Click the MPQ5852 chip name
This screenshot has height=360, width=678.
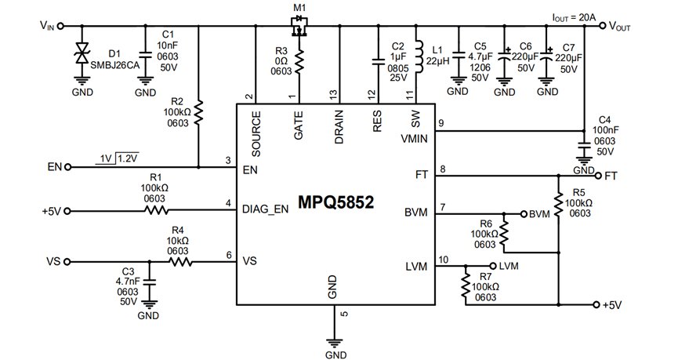pyautogui.click(x=335, y=202)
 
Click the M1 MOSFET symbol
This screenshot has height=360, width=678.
pyautogui.click(x=299, y=26)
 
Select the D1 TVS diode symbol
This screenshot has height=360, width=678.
pyautogui.click(x=82, y=53)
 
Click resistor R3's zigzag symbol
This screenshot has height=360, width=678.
pyautogui.click(x=299, y=60)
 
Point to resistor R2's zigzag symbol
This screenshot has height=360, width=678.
pyautogui.click(x=198, y=112)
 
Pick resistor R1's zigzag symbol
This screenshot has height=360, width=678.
pyautogui.click(x=156, y=211)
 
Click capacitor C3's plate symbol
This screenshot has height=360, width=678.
pyautogui.click(x=149, y=282)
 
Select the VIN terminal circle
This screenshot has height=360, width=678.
pyautogui.click(x=60, y=26)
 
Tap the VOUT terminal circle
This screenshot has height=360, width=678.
pyautogui.click(x=602, y=26)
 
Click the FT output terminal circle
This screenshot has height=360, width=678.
pyautogui.click(x=598, y=176)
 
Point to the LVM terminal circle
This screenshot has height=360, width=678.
pyautogui.click(x=492, y=266)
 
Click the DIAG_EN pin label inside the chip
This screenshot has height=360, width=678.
pyautogui.click(x=265, y=209)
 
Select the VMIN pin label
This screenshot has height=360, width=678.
pyautogui.click(x=414, y=139)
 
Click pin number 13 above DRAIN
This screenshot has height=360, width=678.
pyautogui.click(x=333, y=95)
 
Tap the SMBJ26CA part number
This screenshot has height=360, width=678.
pyautogui.click(x=114, y=65)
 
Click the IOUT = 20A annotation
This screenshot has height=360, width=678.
pyautogui.click(x=574, y=17)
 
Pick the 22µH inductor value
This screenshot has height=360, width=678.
pyautogui.click(x=437, y=61)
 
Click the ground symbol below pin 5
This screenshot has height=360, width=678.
pyautogui.click(x=334, y=343)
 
